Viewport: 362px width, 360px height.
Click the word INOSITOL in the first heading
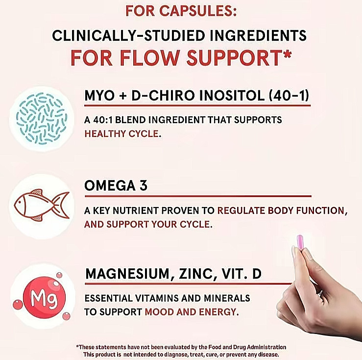(226, 97)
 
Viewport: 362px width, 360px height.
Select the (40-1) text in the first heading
(290, 97)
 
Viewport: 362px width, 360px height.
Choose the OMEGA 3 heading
(116, 186)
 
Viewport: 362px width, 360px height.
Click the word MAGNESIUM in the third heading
(127, 274)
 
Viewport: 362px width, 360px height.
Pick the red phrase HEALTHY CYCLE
(122, 133)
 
